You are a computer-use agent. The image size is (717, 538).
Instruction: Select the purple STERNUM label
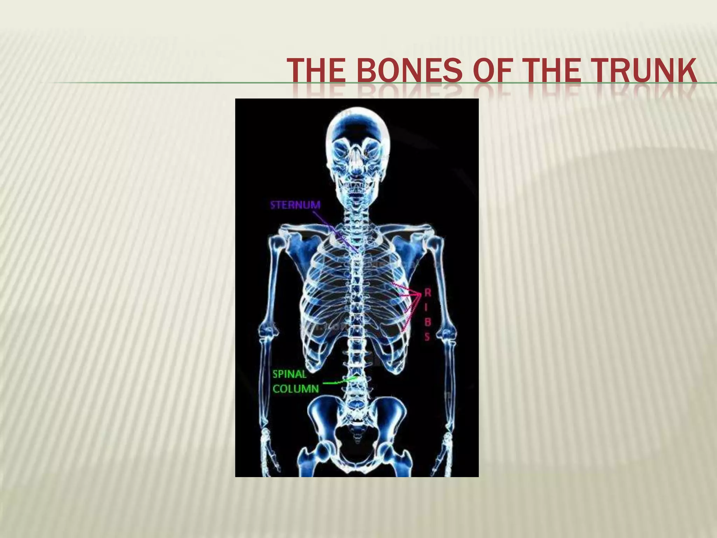coord(295,205)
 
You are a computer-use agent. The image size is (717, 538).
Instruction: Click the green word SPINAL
coord(290,374)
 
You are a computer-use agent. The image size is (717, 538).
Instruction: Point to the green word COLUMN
coord(296,389)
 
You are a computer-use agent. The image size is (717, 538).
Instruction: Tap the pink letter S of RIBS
coord(427,337)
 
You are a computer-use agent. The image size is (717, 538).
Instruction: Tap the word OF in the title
coord(491,71)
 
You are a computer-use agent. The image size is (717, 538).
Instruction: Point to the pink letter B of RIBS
coord(427,322)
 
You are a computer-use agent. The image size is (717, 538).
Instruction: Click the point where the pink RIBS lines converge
coord(421,294)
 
